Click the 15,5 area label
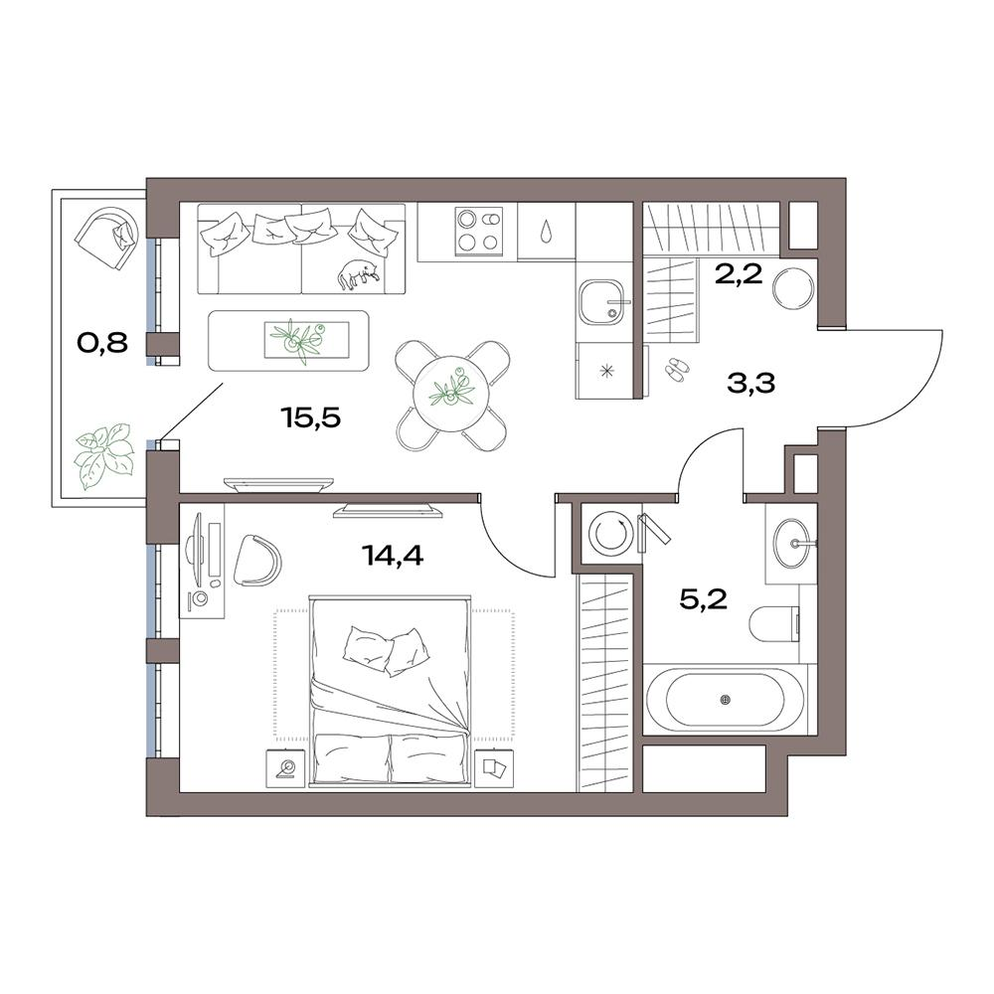pos(310,417)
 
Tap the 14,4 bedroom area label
pos(393,556)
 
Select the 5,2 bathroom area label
pos(703,598)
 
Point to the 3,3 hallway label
pos(751,383)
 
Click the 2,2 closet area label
pos(739,275)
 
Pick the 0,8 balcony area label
pos(102,343)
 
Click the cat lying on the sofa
pos(359,274)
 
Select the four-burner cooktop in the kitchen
pos(479,231)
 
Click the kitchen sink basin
pos(603,302)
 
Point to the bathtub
pos(726,699)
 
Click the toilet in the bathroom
pos(774,624)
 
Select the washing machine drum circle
pos(611,535)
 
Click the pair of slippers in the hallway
pos(675,370)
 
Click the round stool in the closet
pos(792,288)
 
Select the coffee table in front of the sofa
pos(288,340)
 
